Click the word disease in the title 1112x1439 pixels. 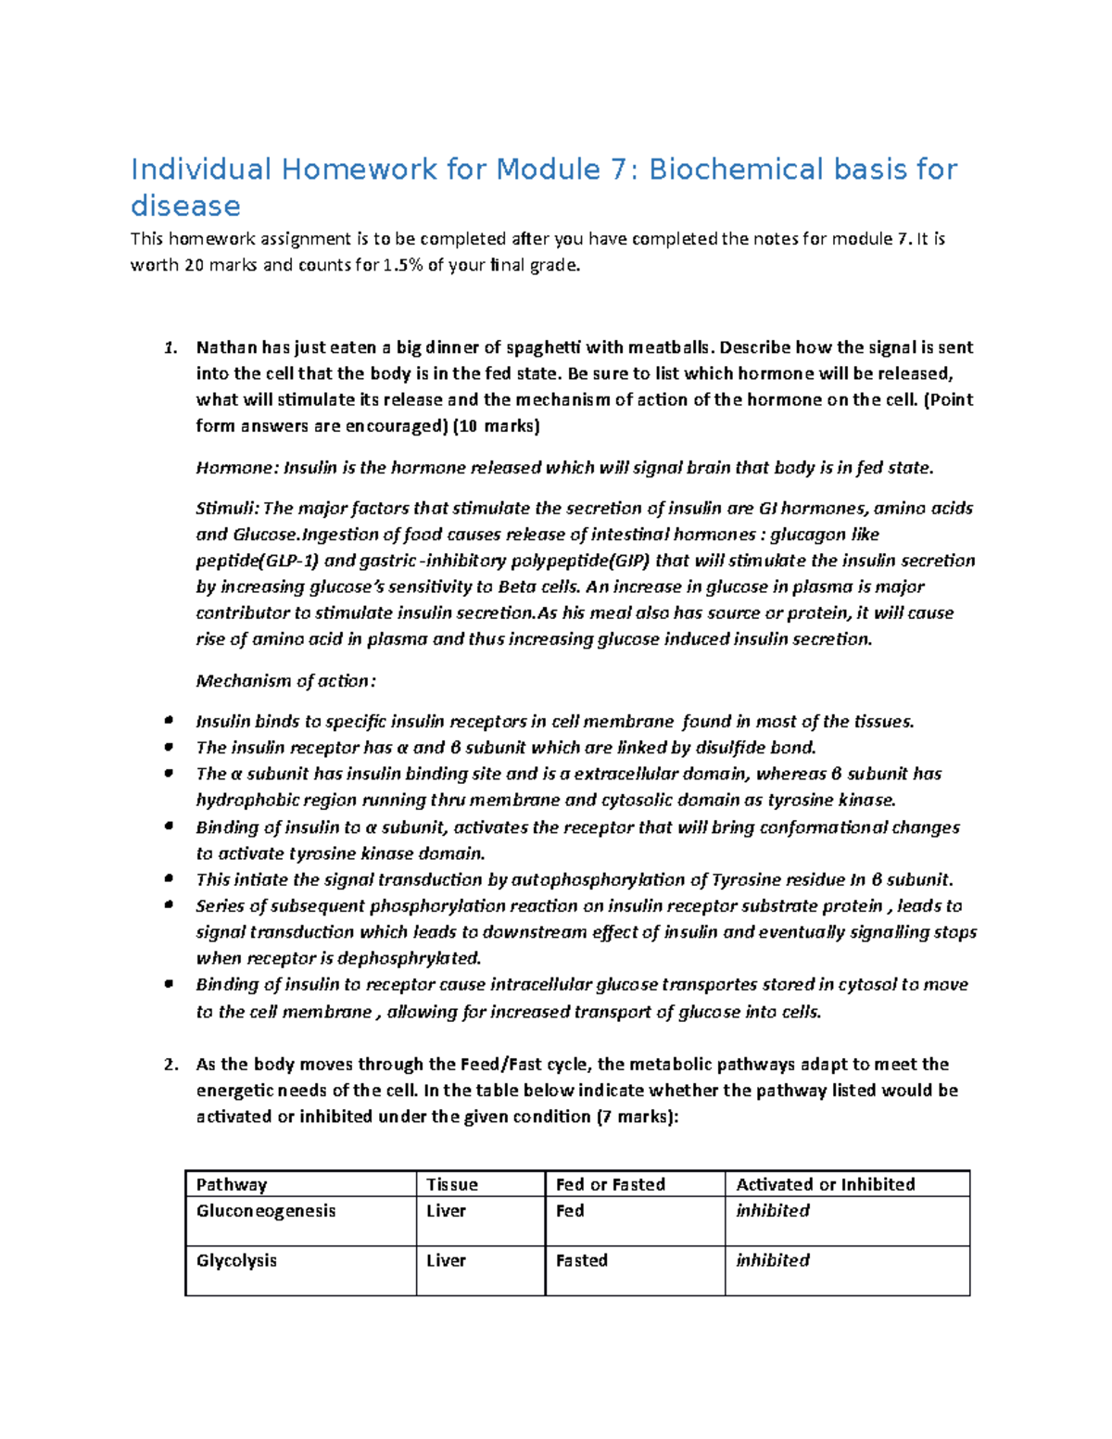tap(185, 206)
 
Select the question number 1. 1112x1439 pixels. tap(170, 348)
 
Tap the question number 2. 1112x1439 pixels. tap(171, 1065)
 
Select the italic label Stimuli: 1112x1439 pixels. tap(228, 509)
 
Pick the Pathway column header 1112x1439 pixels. tap(232, 1184)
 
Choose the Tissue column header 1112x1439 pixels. tap(452, 1184)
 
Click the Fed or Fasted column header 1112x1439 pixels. tap(611, 1184)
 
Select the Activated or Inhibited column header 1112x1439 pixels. tap(826, 1184)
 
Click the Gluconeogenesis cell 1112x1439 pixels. tap(266, 1211)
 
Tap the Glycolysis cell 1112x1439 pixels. tap(236, 1261)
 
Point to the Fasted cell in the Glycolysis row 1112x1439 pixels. tap(582, 1261)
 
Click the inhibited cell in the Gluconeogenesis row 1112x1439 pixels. tap(773, 1211)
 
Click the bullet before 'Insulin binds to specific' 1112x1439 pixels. tap(168, 721)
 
